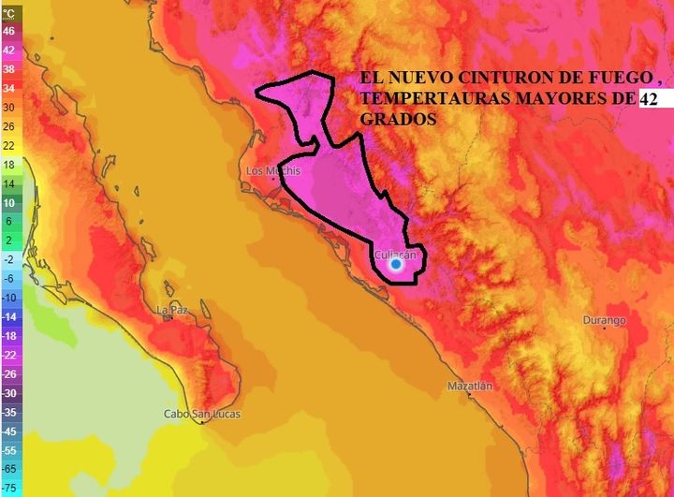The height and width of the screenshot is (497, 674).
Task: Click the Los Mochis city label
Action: tap(273, 171)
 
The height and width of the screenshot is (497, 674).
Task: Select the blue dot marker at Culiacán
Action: tap(396, 265)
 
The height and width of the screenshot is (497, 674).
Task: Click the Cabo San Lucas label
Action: tap(201, 414)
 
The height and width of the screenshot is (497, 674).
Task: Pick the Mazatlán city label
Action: tap(470, 386)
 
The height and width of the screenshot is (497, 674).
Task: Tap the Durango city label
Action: tap(604, 320)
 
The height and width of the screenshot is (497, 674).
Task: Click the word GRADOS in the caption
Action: tap(397, 121)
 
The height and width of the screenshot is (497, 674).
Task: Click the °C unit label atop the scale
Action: tap(9, 13)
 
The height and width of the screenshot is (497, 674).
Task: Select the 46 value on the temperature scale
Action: tap(9, 31)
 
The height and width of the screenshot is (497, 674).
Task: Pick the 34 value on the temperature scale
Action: tap(9, 88)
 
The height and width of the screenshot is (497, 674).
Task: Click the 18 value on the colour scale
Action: tap(9, 164)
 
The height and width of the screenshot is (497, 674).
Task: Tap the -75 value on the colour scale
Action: tap(9, 488)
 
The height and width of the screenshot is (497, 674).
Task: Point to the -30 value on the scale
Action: tap(9, 392)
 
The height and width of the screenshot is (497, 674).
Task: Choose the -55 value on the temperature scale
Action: tap(9, 449)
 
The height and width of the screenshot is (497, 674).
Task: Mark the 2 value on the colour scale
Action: tap(9, 240)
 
